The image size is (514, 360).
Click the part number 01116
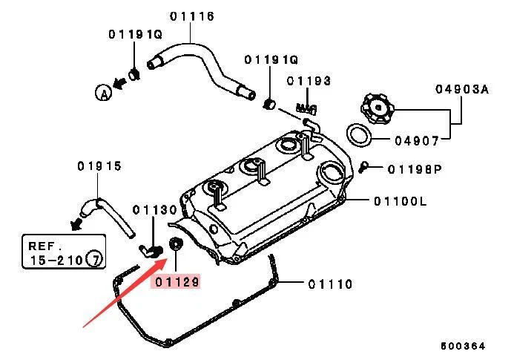(x=191, y=16)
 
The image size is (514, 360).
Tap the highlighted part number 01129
(x=176, y=282)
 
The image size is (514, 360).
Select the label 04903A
(x=461, y=89)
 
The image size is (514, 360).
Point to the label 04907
(x=416, y=139)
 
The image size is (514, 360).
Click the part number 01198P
(x=414, y=169)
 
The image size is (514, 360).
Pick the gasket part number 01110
(x=331, y=284)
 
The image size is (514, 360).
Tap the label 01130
(x=155, y=210)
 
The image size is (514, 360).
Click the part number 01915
(x=99, y=166)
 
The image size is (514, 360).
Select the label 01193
(x=309, y=81)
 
